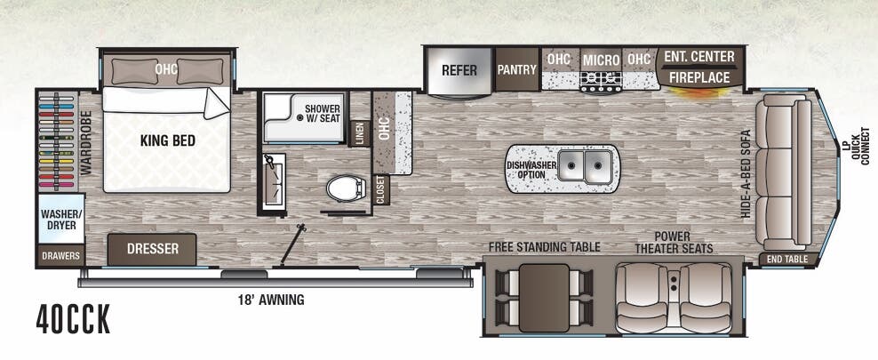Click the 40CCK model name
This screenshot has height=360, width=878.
[74, 320]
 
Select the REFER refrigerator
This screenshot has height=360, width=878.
[459, 70]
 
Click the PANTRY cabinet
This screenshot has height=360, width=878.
[515, 69]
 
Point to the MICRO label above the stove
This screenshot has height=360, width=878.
[601, 60]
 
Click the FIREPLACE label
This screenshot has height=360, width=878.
[700, 78]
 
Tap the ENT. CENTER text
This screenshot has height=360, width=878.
[700, 57]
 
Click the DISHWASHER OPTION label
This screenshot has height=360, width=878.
[532, 170]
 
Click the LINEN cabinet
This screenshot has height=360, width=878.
[359, 132]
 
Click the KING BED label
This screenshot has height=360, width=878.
[167, 140]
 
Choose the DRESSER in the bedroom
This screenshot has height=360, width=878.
[152, 249]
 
